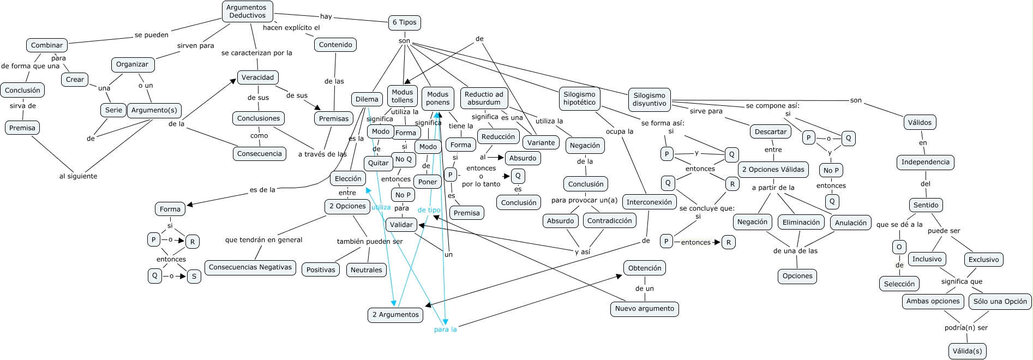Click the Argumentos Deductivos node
coord(247,11)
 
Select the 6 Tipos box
coord(404,22)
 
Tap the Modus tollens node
coord(402,96)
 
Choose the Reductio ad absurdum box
coord(484,98)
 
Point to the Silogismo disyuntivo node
coord(649,99)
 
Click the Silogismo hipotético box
coord(579,98)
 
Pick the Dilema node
coord(367,99)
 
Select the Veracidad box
coord(258,77)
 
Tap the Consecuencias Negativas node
coord(250,267)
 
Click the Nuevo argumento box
coord(644,309)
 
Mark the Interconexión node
coord(649,202)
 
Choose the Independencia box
coord(925,162)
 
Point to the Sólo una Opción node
coord(1000,301)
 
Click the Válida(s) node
coord(967,351)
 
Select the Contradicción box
coord(609,221)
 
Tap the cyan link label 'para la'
coord(445,329)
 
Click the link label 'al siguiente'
coord(78,176)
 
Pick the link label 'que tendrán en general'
coord(263,240)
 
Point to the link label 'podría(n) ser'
coord(966,328)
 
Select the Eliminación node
coord(801,223)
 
